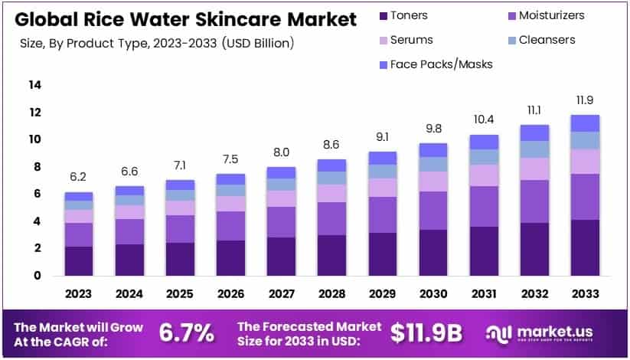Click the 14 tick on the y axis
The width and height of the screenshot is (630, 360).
[x=35, y=85]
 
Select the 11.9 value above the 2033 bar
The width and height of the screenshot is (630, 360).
[x=584, y=100]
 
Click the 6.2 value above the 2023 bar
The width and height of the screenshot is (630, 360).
[x=79, y=177]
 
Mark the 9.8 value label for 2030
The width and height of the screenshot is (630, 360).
[x=433, y=128]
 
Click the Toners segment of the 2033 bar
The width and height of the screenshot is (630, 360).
[x=584, y=247]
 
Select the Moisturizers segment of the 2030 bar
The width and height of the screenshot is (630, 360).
[x=433, y=210]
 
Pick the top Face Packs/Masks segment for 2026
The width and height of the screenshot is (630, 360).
[x=230, y=178]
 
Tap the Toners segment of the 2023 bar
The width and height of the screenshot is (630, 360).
[x=79, y=260]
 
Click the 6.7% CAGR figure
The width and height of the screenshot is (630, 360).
[x=186, y=332]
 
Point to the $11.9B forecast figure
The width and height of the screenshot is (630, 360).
[x=426, y=332]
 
